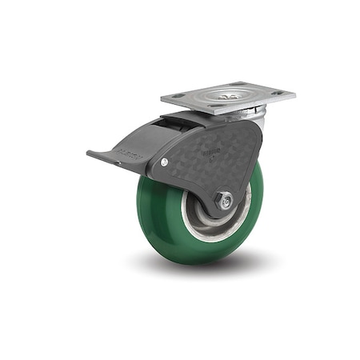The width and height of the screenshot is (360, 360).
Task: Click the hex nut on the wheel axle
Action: click(225, 202)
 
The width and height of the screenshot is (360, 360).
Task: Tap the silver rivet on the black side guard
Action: click(165, 162)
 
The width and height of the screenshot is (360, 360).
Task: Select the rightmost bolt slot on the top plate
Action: click(277, 93)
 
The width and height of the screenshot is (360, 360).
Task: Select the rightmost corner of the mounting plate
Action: click(294, 94)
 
